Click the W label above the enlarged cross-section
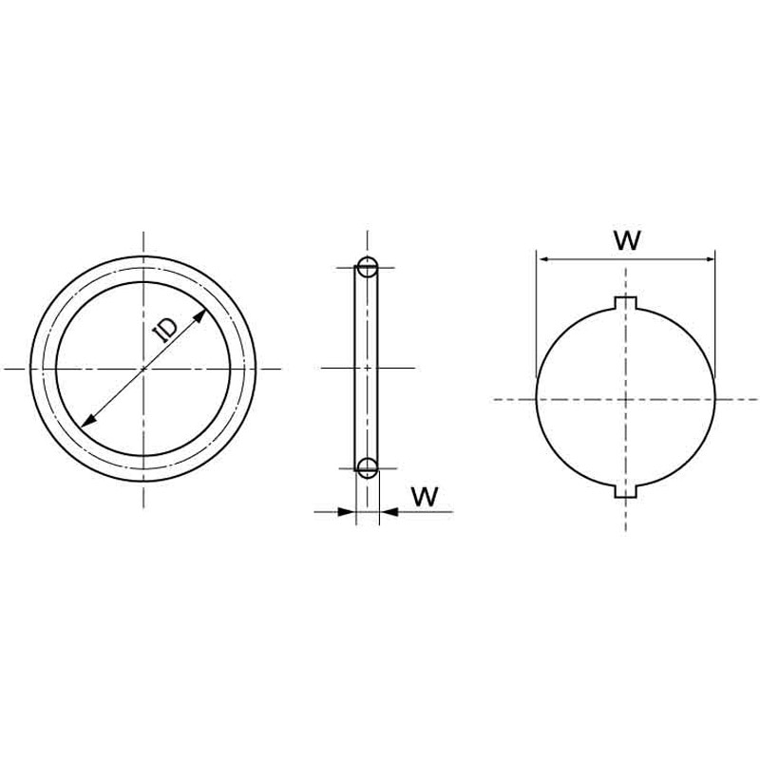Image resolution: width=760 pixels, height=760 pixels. click(x=627, y=239)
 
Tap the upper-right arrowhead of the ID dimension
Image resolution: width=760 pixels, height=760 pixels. click(x=201, y=313)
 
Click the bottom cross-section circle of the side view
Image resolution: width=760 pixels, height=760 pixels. click(x=368, y=466)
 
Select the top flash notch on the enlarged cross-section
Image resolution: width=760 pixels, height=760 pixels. click(x=625, y=303)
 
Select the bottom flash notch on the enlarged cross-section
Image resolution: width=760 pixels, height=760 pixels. click(x=625, y=491)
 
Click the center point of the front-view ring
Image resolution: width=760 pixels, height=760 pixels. click(x=144, y=368)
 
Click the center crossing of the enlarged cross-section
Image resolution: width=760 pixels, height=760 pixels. click(x=625, y=399)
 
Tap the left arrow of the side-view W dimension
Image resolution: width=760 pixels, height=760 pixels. click(x=350, y=512)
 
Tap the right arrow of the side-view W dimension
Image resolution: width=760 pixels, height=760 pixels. click(x=386, y=512)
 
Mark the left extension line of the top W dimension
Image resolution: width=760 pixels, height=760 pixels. click(x=537, y=313)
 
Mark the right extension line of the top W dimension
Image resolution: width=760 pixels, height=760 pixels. click(x=714, y=313)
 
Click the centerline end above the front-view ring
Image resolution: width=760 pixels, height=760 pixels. click(x=144, y=234)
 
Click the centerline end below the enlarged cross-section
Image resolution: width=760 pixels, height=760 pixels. click(x=625, y=528)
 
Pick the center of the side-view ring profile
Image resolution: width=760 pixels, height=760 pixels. click(x=368, y=368)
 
